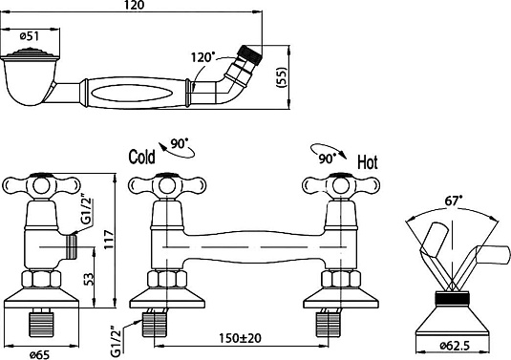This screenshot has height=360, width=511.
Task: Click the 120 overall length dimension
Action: [135, 5]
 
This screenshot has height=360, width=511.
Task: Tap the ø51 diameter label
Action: [30, 36]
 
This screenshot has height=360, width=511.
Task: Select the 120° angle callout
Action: [202, 57]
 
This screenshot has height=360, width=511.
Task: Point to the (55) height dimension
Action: [281, 77]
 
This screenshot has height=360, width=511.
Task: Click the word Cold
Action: [141, 157]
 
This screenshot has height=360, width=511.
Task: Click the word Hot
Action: [368, 162]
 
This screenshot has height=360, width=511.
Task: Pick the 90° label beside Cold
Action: [180, 143]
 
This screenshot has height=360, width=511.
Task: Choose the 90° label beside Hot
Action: [328, 159]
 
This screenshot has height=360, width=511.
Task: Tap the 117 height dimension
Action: [109, 240]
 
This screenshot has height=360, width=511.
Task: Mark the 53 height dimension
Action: [89, 279]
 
